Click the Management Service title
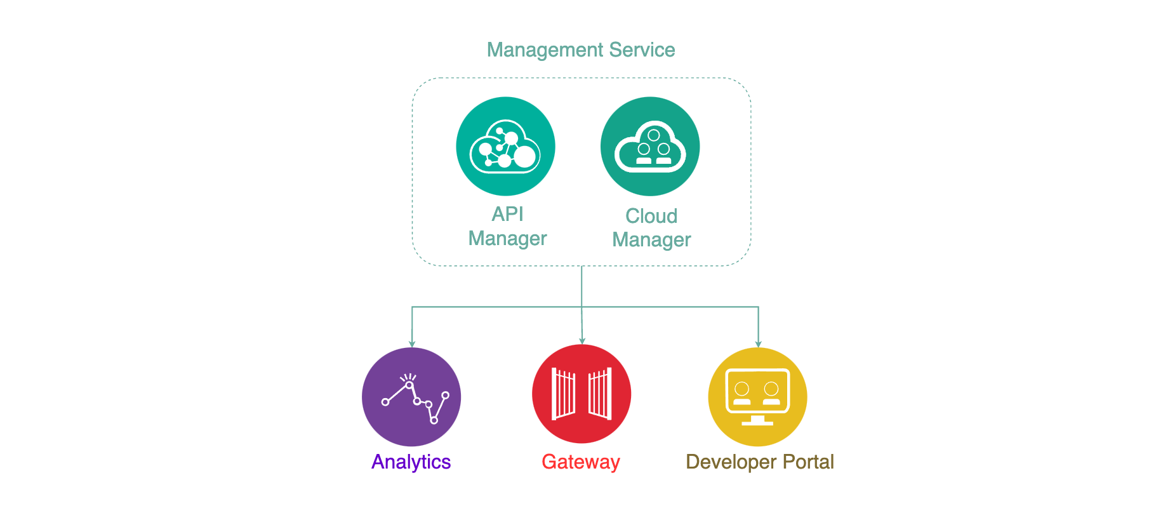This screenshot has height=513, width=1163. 580,50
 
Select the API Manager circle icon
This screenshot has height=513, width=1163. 505,147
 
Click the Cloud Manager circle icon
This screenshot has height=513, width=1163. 650,147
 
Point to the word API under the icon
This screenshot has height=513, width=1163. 507,214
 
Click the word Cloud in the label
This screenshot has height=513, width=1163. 651,216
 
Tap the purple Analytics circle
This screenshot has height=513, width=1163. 411,397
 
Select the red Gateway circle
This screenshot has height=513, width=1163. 581,394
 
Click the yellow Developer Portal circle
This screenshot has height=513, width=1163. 757,397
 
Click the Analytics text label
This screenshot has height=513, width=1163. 411,462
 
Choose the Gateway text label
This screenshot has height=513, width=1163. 580,462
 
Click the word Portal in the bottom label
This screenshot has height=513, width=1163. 808,462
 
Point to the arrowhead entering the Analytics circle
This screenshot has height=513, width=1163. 412,344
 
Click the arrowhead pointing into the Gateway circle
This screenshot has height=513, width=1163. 582,341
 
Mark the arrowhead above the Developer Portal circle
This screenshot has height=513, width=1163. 758,344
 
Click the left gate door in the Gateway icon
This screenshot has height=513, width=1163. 563,394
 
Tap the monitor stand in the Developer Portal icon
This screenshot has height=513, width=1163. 757,420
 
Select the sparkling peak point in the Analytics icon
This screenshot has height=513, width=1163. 409,384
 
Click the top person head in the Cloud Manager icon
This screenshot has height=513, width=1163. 653,135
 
